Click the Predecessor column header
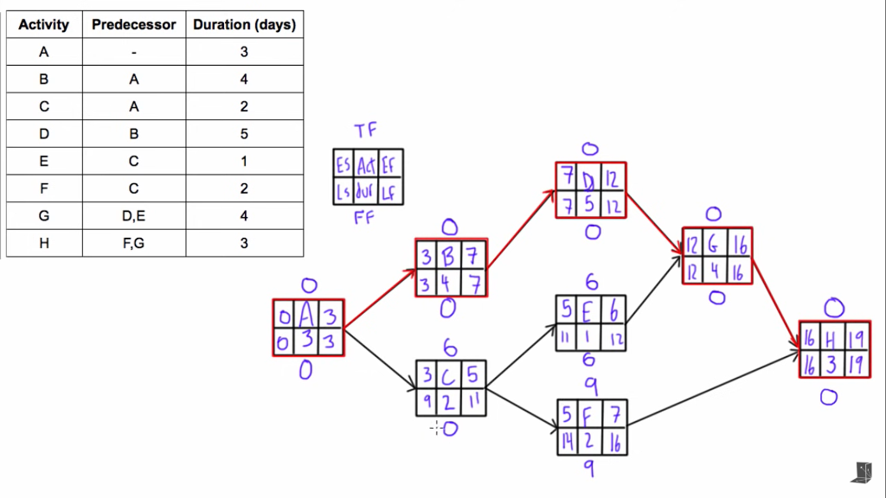pyautogui.click(x=133, y=24)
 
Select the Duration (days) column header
pyautogui.click(x=244, y=24)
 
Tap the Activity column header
pyautogui.click(x=43, y=24)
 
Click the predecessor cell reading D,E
pyautogui.click(x=133, y=215)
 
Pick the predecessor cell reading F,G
pyautogui.click(x=133, y=243)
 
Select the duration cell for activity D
pyautogui.click(x=244, y=134)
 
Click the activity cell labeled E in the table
pyautogui.click(x=43, y=161)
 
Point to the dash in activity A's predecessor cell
pyautogui.click(x=133, y=52)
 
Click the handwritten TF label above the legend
pyautogui.click(x=365, y=131)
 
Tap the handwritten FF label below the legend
pyautogui.click(x=364, y=218)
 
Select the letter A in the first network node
pyautogui.click(x=307, y=314)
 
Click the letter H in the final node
pyautogui.click(x=831, y=337)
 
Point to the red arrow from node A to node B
pyautogui.click(x=381, y=298)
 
